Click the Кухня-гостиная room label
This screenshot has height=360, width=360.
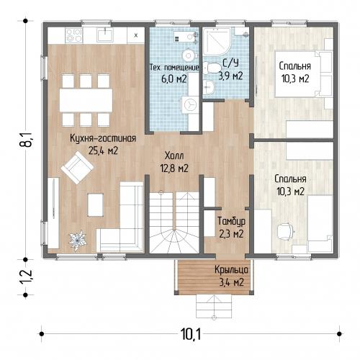103,139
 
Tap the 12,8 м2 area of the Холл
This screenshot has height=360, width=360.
174,168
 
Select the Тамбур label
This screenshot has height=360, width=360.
231,221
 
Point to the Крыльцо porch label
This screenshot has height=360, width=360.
231,270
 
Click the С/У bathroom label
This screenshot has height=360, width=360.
230,63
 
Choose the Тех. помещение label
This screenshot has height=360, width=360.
174,68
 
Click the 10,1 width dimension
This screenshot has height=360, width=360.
191,334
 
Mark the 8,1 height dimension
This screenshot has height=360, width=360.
26,140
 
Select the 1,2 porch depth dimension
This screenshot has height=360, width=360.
26,276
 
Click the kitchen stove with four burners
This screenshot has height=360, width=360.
74,35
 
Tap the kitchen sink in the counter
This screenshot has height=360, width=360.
105,35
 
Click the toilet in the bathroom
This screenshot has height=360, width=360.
212,68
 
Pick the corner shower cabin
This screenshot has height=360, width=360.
217,42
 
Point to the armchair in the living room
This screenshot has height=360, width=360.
77,168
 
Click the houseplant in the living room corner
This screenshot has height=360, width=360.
78,240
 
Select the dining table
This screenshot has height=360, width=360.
86,100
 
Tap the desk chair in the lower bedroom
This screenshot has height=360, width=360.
285,230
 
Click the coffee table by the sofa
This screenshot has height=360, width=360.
96,204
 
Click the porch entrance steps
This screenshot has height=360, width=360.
214,306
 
